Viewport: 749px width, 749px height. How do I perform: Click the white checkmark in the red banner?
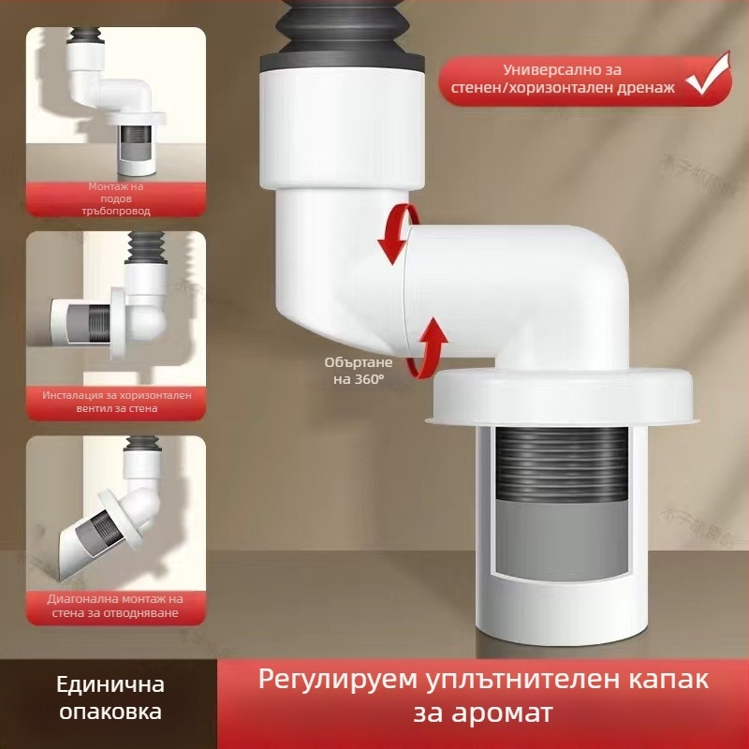pyautogui.click(x=709, y=79)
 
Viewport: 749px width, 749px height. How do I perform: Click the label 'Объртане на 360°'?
pyautogui.click(x=354, y=369)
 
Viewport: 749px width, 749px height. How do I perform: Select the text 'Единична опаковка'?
pyautogui.click(x=110, y=700)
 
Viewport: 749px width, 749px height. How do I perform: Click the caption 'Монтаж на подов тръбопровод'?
pyautogui.click(x=116, y=198)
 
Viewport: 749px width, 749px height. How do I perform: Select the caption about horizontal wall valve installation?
pyautogui.click(x=116, y=402)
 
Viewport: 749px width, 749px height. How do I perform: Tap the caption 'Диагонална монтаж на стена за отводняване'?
pyautogui.click(x=116, y=606)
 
